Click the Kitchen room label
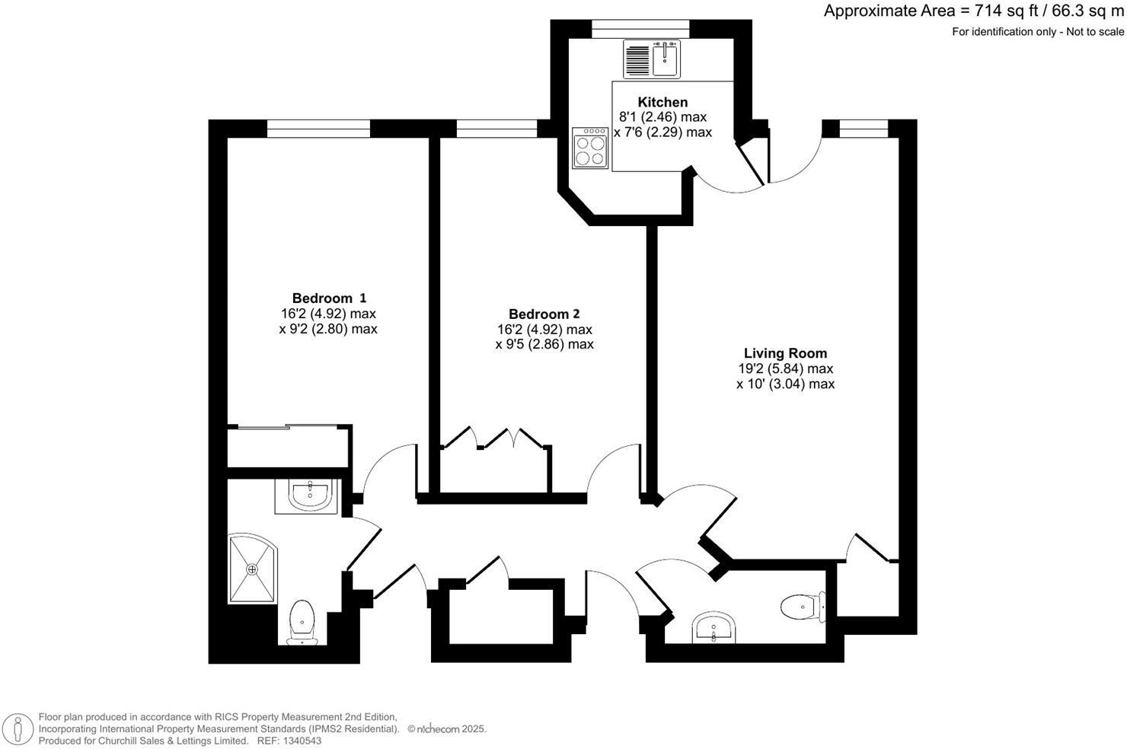click(x=662, y=102)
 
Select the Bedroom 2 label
click(x=544, y=314)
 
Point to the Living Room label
click(x=784, y=353)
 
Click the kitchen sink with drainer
click(x=651, y=59)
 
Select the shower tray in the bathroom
click(x=253, y=568)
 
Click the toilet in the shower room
click(x=303, y=620)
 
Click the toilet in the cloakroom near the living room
click(x=800, y=607)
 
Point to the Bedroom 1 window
click(x=318, y=129)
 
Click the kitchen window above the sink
click(x=640, y=29)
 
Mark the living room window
click(x=863, y=129)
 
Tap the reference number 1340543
click(x=299, y=741)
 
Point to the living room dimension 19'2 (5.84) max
click(x=784, y=368)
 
